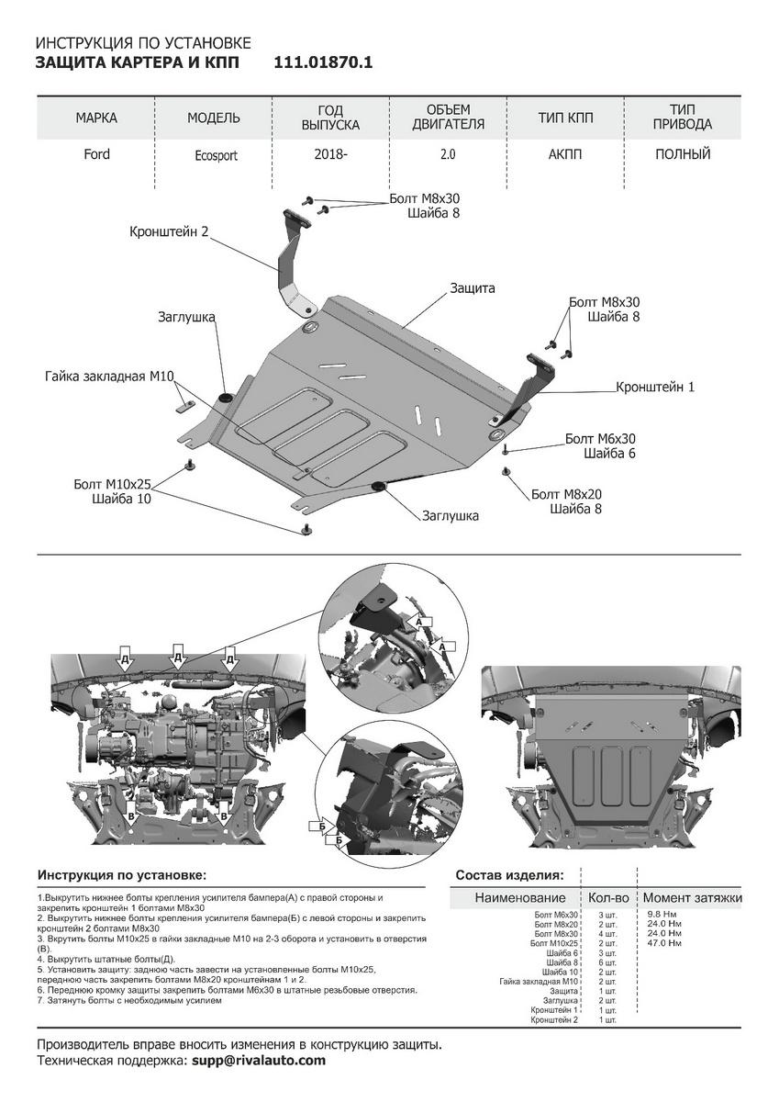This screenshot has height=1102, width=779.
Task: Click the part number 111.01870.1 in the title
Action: pyautogui.click(x=323, y=62)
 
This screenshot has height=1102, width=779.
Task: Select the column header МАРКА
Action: pyautogui.click(x=96, y=118)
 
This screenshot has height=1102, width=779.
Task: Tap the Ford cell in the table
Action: pyautogui.click(x=96, y=154)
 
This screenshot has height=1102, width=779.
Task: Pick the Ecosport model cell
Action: pyautogui.click(x=216, y=155)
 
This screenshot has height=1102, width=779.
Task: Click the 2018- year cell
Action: pyautogui.click(x=330, y=154)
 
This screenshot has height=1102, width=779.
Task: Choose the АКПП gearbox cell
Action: pyautogui.click(x=565, y=154)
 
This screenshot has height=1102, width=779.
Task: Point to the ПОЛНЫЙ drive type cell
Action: pyautogui.click(x=683, y=154)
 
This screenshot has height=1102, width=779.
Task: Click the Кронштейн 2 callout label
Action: pyautogui.click(x=170, y=233)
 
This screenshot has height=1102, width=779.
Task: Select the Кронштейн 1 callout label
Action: pyautogui.click(x=655, y=388)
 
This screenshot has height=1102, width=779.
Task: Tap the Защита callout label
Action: pyautogui.click(x=472, y=288)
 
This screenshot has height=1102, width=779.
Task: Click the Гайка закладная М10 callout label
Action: pyautogui.click(x=109, y=377)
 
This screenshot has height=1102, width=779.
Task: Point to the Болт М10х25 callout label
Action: pyautogui.click(x=113, y=484)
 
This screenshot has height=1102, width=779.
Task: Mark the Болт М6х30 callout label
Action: pyautogui.click(x=600, y=439)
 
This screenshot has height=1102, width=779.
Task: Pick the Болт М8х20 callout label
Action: pyautogui.click(x=566, y=494)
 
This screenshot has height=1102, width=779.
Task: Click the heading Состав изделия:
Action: pyautogui.click(x=509, y=875)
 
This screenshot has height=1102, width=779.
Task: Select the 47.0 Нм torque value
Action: pyautogui.click(x=663, y=943)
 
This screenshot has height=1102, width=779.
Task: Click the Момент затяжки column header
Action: pyautogui.click(x=692, y=897)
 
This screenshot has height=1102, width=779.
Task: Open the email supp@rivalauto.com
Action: pyautogui.click(x=258, y=1061)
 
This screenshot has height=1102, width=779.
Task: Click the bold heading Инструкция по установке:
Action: pyautogui.click(x=122, y=875)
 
